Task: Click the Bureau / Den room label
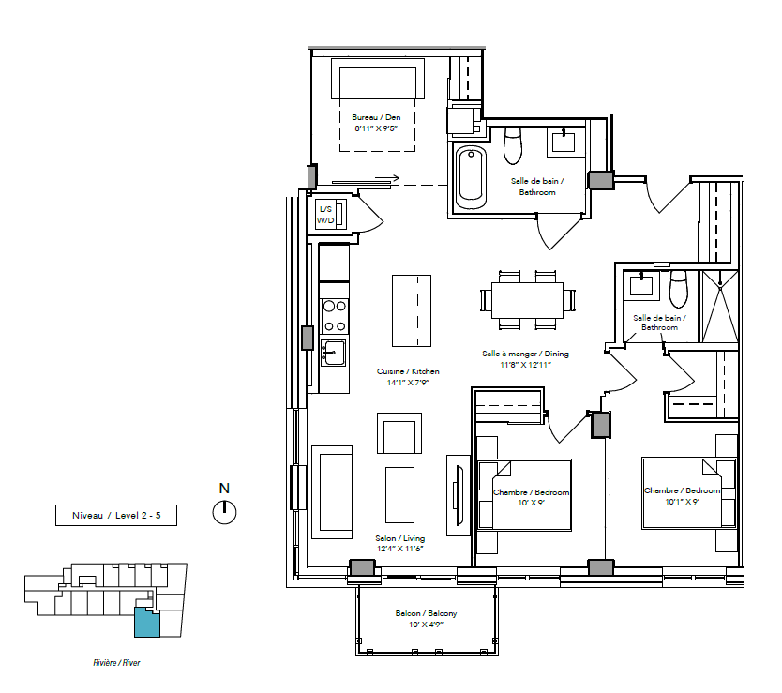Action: [x=376, y=117]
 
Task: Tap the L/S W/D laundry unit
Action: [x=331, y=215]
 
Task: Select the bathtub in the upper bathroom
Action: [x=471, y=178]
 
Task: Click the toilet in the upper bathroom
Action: [x=513, y=145]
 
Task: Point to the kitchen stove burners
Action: [x=334, y=316]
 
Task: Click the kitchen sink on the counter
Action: [x=333, y=353]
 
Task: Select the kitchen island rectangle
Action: [x=412, y=310]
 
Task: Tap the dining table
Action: [x=527, y=300]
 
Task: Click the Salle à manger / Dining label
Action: [x=525, y=354]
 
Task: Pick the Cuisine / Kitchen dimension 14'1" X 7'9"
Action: [x=408, y=383]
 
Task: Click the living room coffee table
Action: [x=399, y=494]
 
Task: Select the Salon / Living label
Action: [x=400, y=538]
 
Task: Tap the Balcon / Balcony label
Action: [x=426, y=613]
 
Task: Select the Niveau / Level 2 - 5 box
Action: [x=116, y=516]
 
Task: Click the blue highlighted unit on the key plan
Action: [x=146, y=622]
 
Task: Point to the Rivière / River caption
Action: [x=116, y=663]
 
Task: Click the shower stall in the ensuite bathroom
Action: [x=720, y=307]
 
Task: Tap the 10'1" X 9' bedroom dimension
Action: [x=682, y=502]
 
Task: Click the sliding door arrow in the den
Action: [x=387, y=178]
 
